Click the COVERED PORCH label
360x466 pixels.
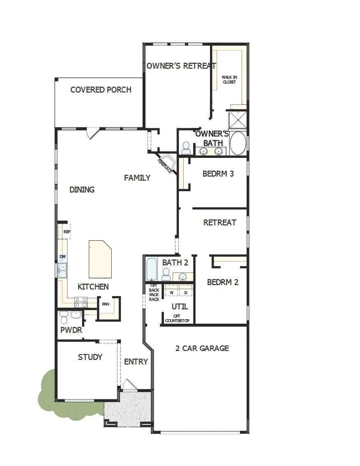pyautogui.click(x=101, y=90)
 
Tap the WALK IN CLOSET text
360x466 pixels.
pyautogui.click(x=229, y=79)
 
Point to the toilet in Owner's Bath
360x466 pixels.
pyautogui.click(x=186, y=148)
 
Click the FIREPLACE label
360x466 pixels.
pyautogui.click(x=165, y=166)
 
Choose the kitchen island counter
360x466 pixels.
pyautogui.click(x=100, y=260)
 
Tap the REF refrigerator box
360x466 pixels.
pyautogui.click(x=67, y=232)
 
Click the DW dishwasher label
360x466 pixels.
pyautogui.click(x=62, y=257)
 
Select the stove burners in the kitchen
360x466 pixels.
pyautogui.click(x=81, y=303)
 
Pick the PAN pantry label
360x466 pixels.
pyautogui.click(x=106, y=304)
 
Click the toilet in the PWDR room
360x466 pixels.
pyautogui.click(x=64, y=317)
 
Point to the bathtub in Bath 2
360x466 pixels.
pyautogui.click(x=152, y=269)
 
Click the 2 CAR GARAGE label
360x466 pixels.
pyautogui.click(x=202, y=348)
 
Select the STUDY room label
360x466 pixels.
pyautogui.click(x=90, y=357)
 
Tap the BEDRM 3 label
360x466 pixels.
pyautogui.click(x=218, y=174)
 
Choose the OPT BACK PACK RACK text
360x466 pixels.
pyautogui.click(x=154, y=292)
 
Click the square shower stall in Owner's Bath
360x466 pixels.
pyautogui.click(x=238, y=120)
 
